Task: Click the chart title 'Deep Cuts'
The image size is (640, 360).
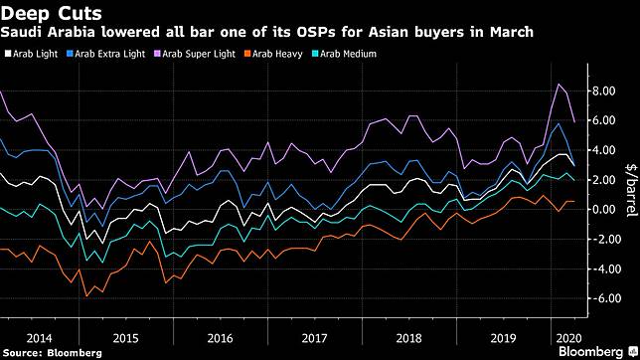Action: tap(51, 14)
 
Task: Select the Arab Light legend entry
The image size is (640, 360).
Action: tap(32, 54)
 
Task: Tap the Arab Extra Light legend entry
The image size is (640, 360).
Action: tap(105, 54)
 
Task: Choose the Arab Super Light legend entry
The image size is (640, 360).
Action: tap(195, 54)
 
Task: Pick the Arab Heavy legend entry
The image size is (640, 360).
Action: tap(273, 54)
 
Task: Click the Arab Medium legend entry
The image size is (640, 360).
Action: tap(345, 54)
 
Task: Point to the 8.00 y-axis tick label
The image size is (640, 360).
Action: tap(603, 90)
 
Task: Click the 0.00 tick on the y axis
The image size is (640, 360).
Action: tap(603, 210)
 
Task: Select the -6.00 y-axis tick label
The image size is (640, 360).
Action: tap(601, 298)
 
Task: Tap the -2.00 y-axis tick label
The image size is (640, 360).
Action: tap(601, 239)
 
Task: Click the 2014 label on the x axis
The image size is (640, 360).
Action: tap(39, 338)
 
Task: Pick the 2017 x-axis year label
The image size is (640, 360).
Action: tap(314, 338)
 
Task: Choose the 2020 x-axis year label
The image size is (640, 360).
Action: tap(569, 338)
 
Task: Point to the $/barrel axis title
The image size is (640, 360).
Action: tap(631, 190)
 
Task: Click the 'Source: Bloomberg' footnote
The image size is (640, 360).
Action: tap(52, 353)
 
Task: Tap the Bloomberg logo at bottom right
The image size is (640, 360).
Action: tap(597, 351)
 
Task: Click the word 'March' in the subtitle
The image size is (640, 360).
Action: tap(512, 32)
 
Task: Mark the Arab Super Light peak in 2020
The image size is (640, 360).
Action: tap(559, 85)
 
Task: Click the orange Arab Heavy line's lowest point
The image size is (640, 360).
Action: tap(86, 295)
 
